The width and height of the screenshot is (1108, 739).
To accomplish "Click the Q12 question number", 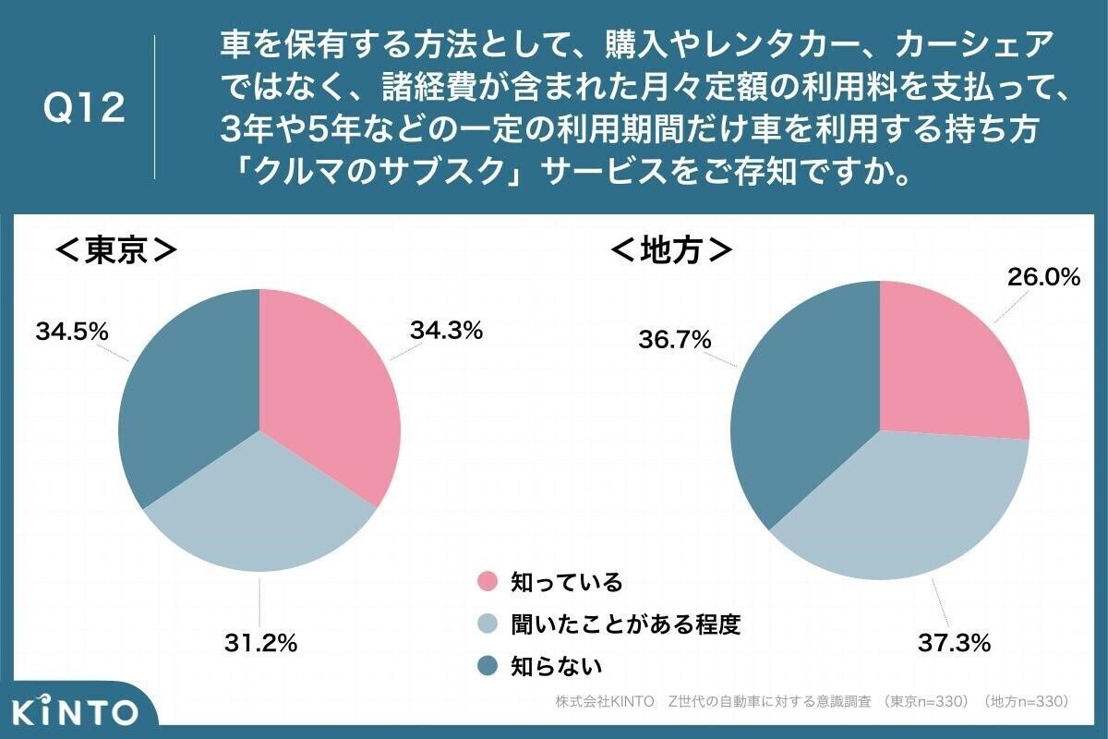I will tap(84, 109).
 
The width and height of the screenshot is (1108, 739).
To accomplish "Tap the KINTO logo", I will tap(76, 711).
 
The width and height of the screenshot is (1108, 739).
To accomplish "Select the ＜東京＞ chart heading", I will tap(116, 250).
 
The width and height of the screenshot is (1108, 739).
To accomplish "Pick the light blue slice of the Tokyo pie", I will tap(259, 508).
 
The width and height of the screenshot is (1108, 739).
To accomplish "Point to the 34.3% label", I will tap(444, 330).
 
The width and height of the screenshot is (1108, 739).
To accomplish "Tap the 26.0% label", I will tap(1042, 276).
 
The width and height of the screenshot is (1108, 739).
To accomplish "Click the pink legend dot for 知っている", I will tap(488, 582).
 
